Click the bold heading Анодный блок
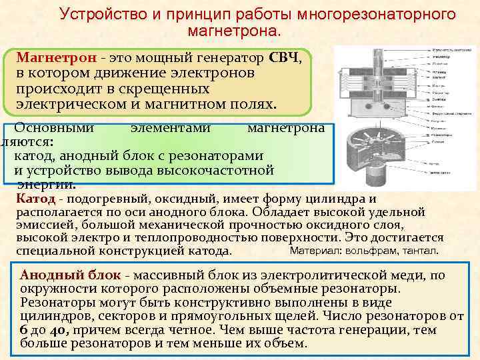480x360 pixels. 71,275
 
